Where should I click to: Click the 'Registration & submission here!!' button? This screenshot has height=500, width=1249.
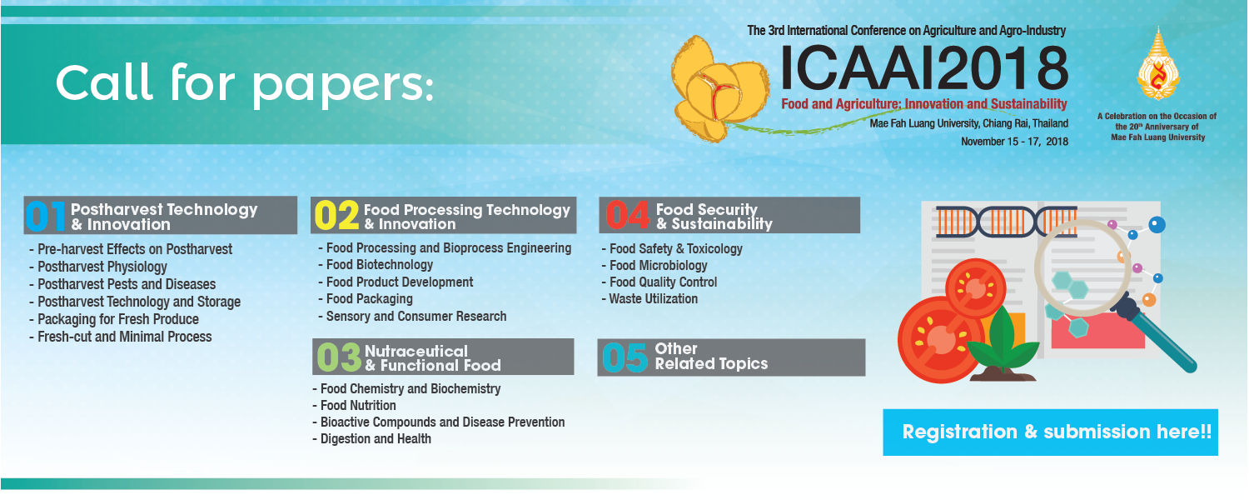(1050, 432)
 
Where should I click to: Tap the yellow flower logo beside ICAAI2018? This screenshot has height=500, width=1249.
(719, 88)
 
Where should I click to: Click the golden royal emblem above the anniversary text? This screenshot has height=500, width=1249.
(1158, 63)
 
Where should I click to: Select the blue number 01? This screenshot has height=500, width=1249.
(46, 216)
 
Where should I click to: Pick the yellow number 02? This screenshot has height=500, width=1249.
(336, 215)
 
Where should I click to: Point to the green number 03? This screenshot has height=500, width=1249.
(339, 357)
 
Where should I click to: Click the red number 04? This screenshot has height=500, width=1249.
(628, 215)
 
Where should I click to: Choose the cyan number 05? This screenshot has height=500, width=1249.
(625, 357)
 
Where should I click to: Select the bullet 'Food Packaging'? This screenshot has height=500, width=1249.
(366, 299)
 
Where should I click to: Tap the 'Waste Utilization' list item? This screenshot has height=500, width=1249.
(649, 299)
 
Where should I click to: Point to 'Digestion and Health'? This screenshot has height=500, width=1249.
(372, 438)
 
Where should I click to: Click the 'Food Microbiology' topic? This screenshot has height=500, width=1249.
(654, 266)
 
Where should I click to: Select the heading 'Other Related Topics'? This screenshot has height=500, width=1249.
(711, 356)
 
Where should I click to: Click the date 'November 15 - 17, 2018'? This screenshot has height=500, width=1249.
(1014, 141)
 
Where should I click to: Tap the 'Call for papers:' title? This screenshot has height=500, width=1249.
(244, 83)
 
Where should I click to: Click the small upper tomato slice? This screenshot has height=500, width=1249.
(975, 288)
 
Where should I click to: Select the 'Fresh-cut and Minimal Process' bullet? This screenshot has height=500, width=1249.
(121, 337)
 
